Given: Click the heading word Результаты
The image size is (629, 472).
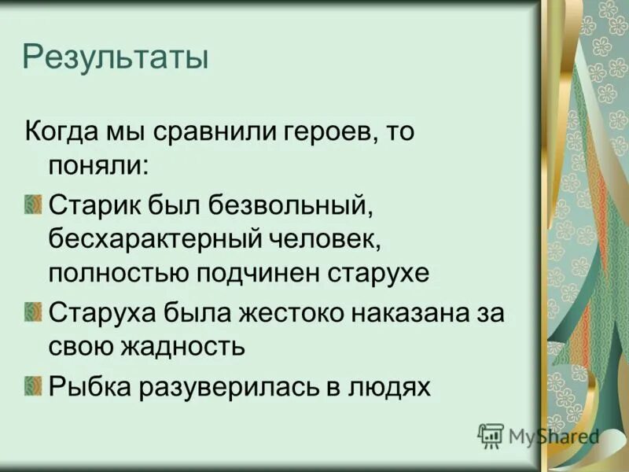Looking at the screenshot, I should click(116, 59).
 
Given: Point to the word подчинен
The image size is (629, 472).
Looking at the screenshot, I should click(256, 273).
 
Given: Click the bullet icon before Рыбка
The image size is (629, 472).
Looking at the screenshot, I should click(32, 385).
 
